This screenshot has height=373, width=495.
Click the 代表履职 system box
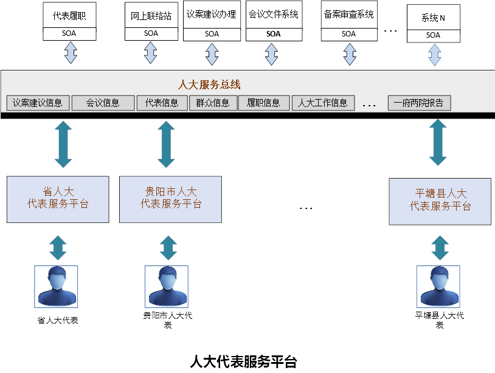pos(70,15)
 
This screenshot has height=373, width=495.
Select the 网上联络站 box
pos(151,16)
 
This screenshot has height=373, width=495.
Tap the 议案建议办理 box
pos(212,15)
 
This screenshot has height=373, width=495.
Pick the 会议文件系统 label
pos(273,15)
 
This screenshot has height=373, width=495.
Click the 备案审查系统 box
pos(348,15)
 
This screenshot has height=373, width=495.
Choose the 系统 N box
pos(433,18)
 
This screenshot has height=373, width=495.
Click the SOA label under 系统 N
pos(433,35)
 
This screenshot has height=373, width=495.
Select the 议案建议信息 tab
pos(38,103)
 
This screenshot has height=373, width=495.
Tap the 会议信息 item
pos(103,103)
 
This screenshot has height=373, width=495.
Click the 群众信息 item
pos(212,103)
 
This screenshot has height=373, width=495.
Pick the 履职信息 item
pos(263,103)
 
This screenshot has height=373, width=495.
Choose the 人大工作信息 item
pos(322,103)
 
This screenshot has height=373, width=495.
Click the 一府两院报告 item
pos(419,103)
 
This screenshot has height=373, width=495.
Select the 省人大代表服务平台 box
pos(58,199)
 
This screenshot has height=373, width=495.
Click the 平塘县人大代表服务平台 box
pos(440,200)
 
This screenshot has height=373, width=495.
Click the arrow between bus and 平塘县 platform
pos(439,143)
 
